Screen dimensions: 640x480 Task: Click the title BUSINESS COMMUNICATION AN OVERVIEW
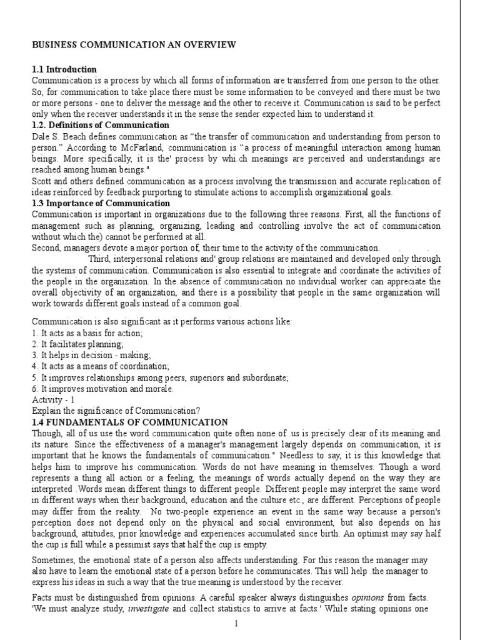coord(134,44)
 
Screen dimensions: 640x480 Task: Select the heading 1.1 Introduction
coord(64,69)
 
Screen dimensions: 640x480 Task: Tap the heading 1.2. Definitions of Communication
coord(101,125)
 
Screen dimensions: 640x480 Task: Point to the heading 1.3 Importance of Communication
coord(101,203)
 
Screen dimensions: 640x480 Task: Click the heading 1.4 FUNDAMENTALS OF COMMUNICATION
coord(130,422)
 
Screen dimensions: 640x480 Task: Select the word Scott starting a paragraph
coord(42,181)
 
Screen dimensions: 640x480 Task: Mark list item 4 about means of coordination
coord(101,366)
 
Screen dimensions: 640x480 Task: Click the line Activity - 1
coord(53,399)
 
